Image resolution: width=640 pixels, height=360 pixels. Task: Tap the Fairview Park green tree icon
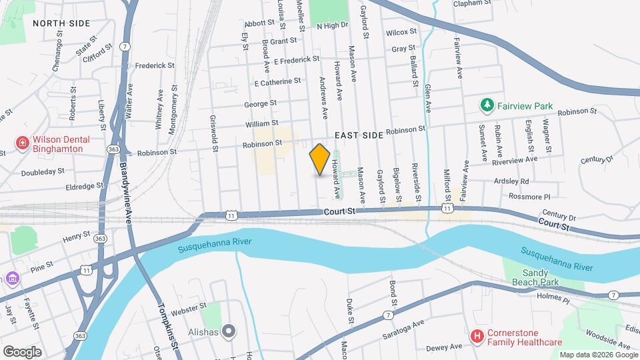coord(487,105)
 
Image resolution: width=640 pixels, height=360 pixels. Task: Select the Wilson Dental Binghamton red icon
coord(22,144)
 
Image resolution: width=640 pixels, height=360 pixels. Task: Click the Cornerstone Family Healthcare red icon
coord(477,337)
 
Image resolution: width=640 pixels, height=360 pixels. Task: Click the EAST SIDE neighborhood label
coord(359,135)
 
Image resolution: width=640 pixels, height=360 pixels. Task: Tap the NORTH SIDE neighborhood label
coord(61,23)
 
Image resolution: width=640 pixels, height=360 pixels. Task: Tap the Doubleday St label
coord(41,171)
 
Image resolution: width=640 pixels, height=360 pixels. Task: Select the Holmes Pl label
coord(556,301)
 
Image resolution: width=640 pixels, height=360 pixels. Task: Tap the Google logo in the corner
coord(22,351)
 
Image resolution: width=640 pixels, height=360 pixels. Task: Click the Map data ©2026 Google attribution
coord(597,355)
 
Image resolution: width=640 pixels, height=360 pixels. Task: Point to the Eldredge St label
coord(81,186)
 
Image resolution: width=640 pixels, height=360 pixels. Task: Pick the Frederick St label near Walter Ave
coord(154,66)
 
